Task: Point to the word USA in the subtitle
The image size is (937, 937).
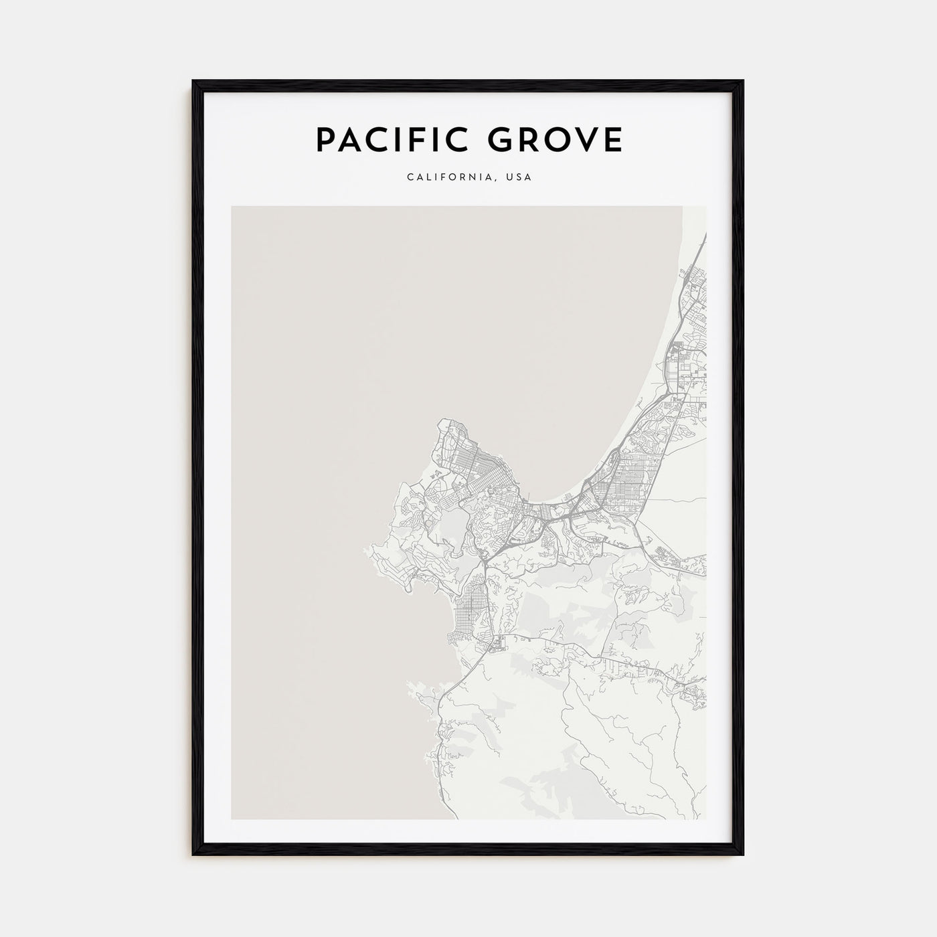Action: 519,178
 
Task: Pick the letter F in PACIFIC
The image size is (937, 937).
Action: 418,140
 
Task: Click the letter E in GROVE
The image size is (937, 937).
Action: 612,140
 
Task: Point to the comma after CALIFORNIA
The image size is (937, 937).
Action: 497,181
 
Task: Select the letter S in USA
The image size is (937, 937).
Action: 519,178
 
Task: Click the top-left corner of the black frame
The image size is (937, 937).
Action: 193,82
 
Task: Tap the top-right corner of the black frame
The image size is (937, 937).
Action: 743,82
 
